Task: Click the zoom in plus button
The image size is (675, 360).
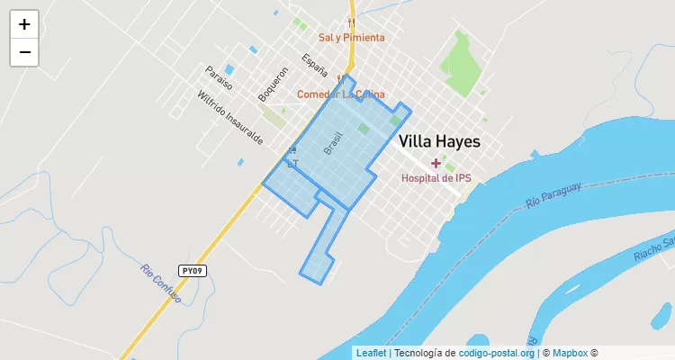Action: pos(24,25)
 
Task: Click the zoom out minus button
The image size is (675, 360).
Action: pos(24,52)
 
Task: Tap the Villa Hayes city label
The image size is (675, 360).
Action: pos(439,141)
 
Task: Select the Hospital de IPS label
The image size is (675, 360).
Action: pos(436,178)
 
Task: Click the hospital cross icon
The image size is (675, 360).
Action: pos(436,163)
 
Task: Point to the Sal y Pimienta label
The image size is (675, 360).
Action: pos(351,38)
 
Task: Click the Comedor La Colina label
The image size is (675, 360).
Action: pos(341,94)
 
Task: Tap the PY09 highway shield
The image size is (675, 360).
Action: pos(192,270)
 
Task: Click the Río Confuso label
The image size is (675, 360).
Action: pos(161,283)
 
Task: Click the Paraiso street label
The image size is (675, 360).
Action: pos(218,77)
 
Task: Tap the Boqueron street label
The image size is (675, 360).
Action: pos(272,83)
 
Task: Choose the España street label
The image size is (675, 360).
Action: pos(315,66)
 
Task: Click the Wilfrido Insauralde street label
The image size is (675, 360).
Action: pos(230,118)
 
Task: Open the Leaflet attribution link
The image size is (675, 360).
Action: pos(371,353)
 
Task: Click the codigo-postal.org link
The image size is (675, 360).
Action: pos(497,353)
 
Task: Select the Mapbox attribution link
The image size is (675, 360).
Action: pos(570,353)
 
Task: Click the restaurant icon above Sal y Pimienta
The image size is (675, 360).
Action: pos(351,22)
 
